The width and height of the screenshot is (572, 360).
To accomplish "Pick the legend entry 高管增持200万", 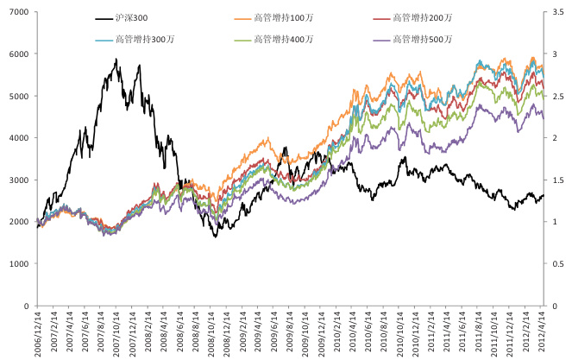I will (422, 17).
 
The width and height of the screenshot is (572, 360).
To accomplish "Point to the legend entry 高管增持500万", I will (422, 39).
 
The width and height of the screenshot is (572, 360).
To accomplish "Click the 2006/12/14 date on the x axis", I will (39, 332).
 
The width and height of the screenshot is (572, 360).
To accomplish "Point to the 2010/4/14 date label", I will (355, 332).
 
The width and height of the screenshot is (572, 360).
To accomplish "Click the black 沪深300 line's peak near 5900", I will (116, 59).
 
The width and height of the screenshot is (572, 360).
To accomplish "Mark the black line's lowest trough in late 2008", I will (216, 237).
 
